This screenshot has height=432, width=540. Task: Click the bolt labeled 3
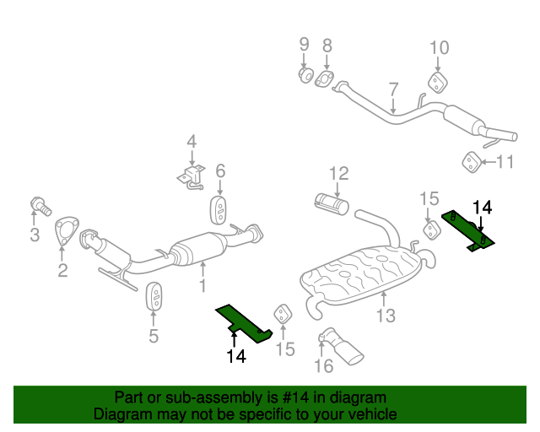click(40, 204)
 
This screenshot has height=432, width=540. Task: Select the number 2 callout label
click(62, 270)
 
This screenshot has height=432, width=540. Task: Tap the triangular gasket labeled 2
click(64, 232)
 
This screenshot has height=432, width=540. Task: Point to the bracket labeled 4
click(192, 175)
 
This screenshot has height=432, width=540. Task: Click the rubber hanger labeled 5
click(154, 298)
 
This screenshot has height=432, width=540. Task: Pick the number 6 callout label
click(220, 171)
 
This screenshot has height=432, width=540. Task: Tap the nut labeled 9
click(305, 75)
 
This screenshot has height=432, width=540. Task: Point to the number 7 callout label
click(393, 89)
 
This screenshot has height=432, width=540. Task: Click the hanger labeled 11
click(469, 161)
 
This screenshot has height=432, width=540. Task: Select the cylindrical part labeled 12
click(332, 203)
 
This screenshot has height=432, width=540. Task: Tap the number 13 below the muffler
click(385, 316)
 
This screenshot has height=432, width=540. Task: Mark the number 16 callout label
click(324, 365)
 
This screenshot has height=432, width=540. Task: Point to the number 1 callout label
click(202, 287)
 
